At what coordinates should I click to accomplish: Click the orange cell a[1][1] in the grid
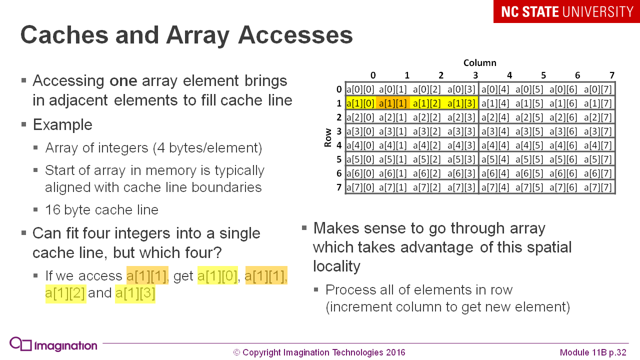pyautogui.click(x=393, y=103)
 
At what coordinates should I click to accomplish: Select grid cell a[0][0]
pyautogui.click(x=360, y=89)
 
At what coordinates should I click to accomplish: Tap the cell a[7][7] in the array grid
pyautogui.click(x=598, y=187)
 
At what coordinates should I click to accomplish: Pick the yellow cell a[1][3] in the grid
pyautogui.click(x=461, y=103)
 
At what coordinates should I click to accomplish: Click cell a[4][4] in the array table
pyautogui.click(x=495, y=145)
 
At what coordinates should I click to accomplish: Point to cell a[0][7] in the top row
pyautogui.click(x=598, y=89)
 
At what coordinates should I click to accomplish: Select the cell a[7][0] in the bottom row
pyautogui.click(x=360, y=187)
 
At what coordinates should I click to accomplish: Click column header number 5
pyautogui.click(x=543, y=75)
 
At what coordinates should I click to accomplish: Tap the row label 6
pyautogui.click(x=339, y=173)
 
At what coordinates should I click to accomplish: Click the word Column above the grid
pyautogui.click(x=479, y=62)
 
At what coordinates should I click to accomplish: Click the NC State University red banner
pyautogui.click(x=566, y=11)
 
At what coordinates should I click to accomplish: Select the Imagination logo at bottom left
pyautogui.click(x=53, y=345)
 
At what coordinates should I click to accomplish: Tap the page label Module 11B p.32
pyautogui.click(x=593, y=352)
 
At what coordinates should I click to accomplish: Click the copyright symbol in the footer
pyautogui.click(x=237, y=352)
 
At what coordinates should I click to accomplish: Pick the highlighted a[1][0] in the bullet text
pyautogui.click(x=217, y=275)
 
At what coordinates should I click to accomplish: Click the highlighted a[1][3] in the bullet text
pyautogui.click(x=135, y=293)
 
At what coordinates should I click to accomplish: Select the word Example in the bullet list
pyautogui.click(x=62, y=124)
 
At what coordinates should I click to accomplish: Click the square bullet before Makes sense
pyautogui.click(x=304, y=228)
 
